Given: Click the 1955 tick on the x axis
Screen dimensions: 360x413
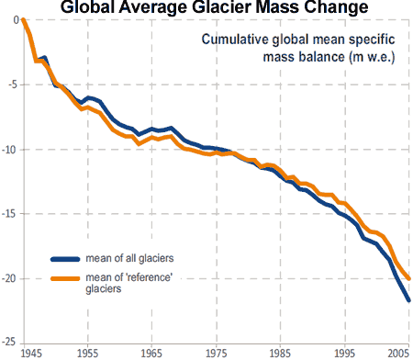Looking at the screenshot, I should point(88,353).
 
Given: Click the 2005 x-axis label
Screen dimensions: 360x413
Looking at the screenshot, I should point(398,353).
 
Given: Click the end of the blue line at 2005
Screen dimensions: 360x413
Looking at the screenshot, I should point(408,300).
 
